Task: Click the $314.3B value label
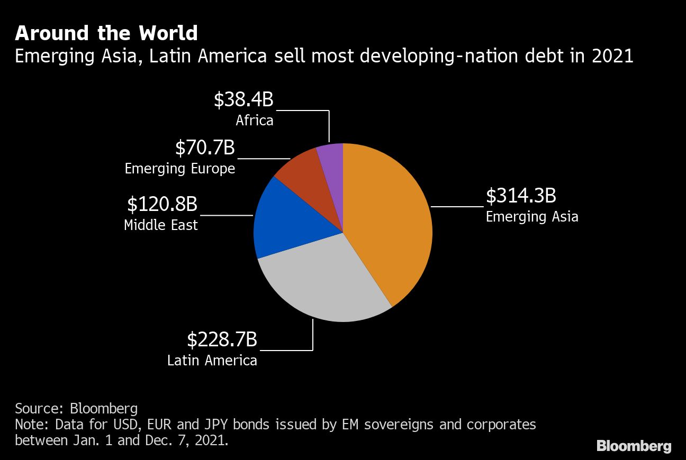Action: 521,196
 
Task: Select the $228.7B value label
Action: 222,339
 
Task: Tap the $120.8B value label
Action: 162,204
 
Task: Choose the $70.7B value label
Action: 205,148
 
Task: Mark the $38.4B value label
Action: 243,100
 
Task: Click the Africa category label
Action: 255,121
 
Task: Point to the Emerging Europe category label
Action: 180,169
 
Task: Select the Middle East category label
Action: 161,225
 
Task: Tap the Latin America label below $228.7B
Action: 212,361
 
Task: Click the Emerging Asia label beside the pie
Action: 532,217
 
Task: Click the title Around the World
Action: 106,33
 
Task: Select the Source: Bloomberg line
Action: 76,408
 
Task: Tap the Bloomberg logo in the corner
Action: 634,446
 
